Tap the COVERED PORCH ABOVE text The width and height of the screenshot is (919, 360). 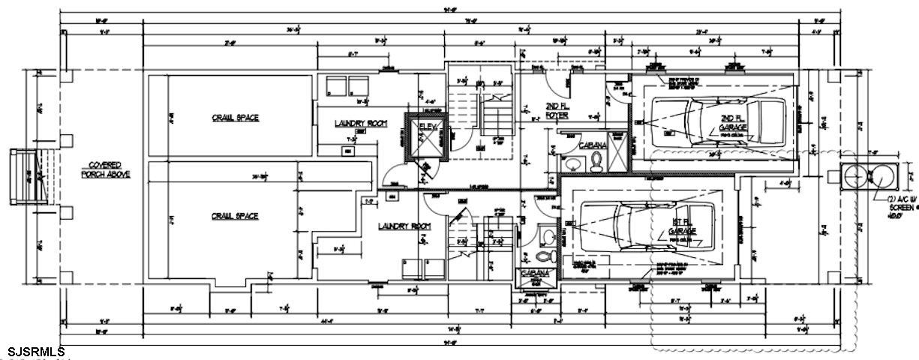pyautogui.click(x=106, y=169)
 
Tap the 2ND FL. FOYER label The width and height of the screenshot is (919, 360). pyautogui.click(x=556, y=112)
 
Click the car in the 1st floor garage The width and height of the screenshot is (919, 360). pyautogui.click(x=638, y=229)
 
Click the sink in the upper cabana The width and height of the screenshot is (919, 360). pyautogui.click(x=571, y=163)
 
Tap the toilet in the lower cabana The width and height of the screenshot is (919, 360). pyautogui.click(x=550, y=255)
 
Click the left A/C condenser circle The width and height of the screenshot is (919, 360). pyautogui.click(x=855, y=178)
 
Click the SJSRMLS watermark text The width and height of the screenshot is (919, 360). pyautogui.click(x=36, y=352)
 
